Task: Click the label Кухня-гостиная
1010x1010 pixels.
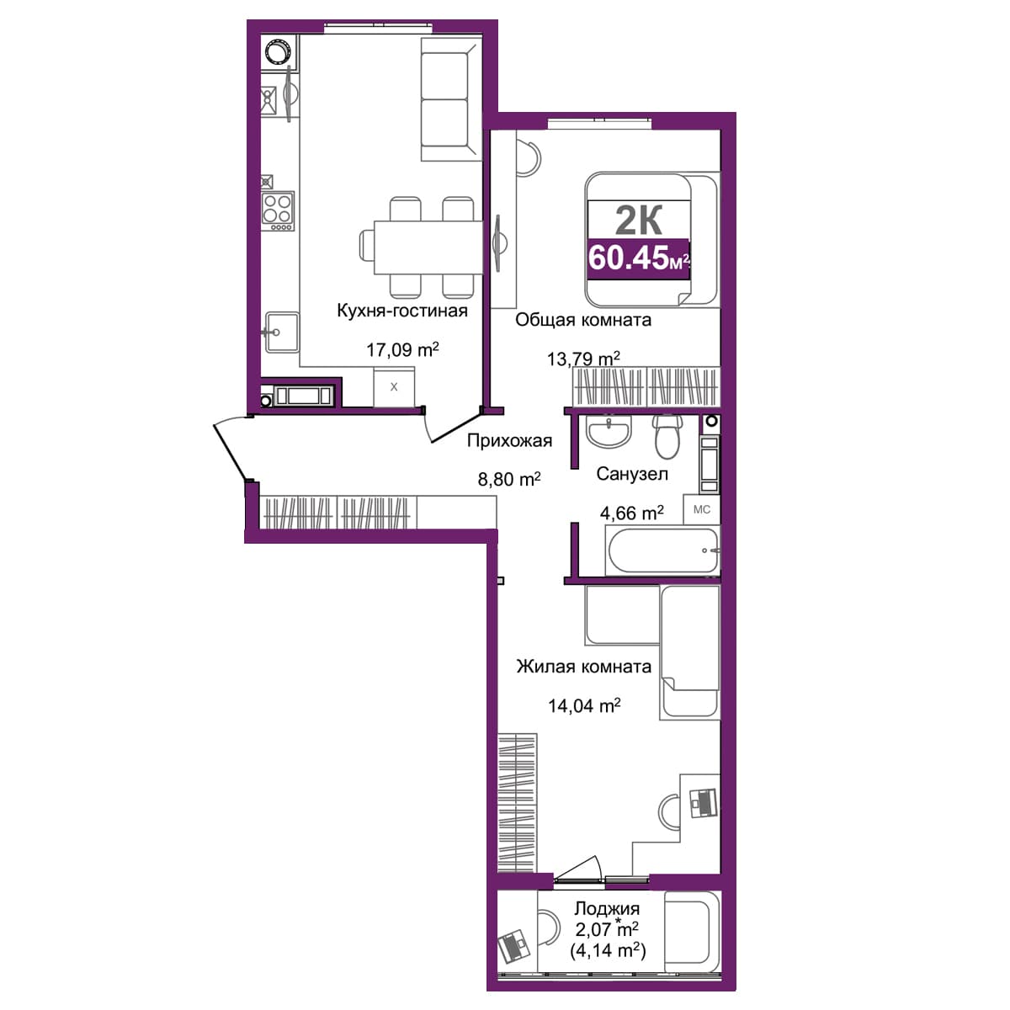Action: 402,311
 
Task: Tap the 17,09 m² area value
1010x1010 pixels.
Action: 402,349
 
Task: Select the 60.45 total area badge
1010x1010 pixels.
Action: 638,258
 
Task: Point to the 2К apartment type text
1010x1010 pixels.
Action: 638,221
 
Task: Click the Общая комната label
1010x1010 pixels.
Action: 582,320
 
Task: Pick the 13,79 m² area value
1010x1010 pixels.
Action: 583,359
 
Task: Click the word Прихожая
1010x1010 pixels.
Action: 509,441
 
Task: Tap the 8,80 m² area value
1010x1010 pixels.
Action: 509,479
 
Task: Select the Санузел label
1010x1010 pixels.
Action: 632,474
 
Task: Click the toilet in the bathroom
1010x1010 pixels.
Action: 667,437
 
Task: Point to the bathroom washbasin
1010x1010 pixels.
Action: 609,431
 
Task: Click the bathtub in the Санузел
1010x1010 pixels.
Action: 662,550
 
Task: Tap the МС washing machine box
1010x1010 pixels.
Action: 701,509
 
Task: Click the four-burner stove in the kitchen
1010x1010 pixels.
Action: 277,211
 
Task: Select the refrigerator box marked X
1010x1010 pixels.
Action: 394,387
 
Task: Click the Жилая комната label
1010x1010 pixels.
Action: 584,667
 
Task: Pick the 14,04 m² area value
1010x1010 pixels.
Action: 584,706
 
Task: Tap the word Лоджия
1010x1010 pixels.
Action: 607,908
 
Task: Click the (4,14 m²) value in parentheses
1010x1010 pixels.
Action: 608,950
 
